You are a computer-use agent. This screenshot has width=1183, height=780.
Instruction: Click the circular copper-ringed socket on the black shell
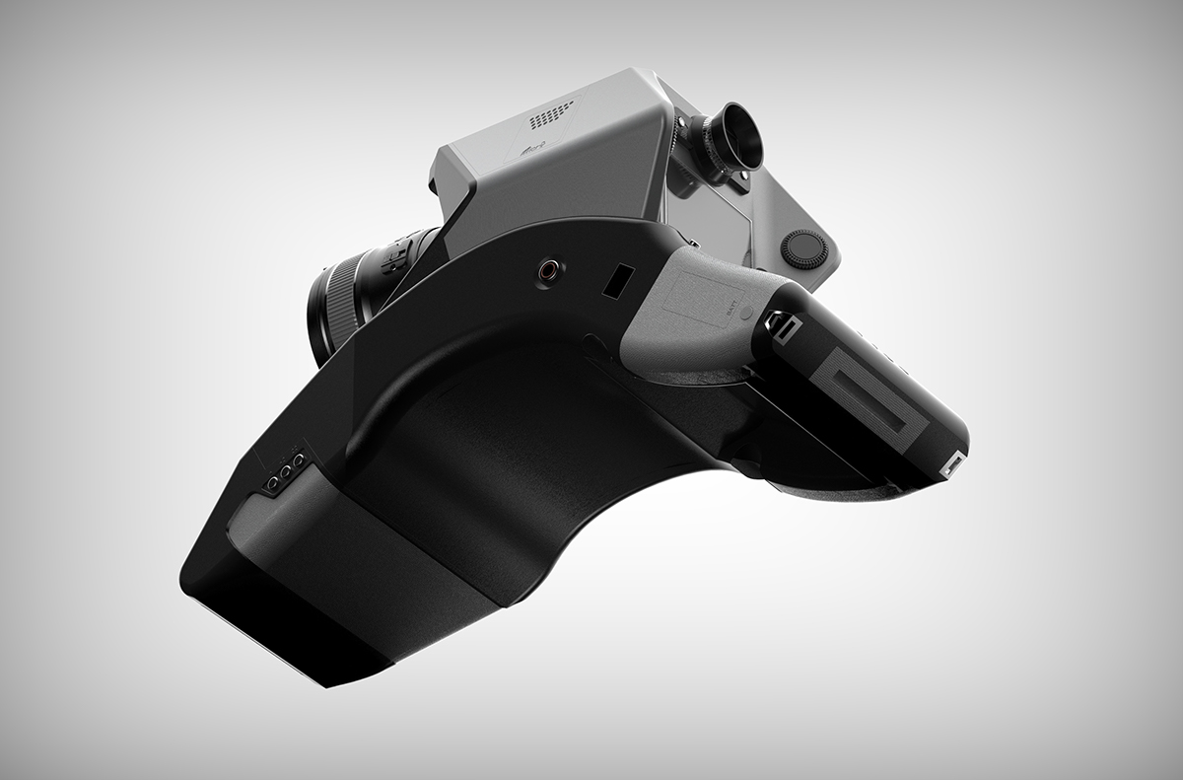[x=545, y=268]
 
